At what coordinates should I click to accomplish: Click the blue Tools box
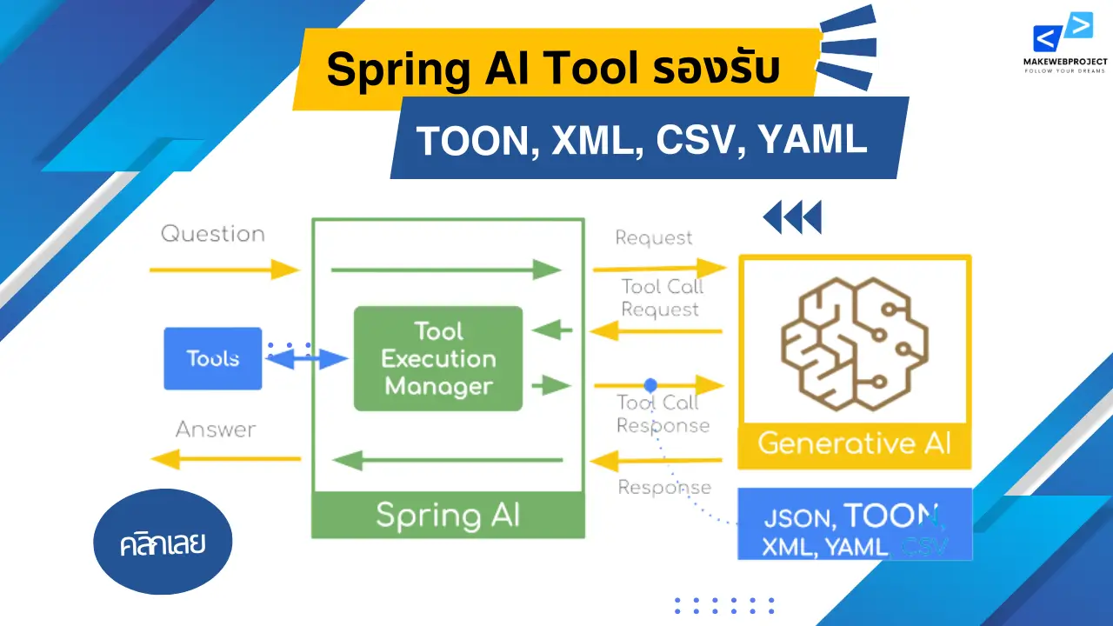[213, 358]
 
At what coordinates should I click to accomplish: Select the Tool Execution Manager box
[438, 358]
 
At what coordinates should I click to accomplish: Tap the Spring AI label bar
[448, 515]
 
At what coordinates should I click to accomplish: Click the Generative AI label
[854, 443]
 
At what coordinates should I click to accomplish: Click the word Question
[213, 234]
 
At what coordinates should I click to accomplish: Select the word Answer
[216, 430]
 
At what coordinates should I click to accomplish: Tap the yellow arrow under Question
[224, 270]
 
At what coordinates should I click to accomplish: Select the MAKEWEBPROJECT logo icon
[1063, 35]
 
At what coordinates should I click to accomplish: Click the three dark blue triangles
[792, 217]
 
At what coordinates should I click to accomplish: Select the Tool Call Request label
[661, 298]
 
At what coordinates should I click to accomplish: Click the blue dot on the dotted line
[650, 383]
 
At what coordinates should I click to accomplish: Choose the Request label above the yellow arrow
[654, 237]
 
